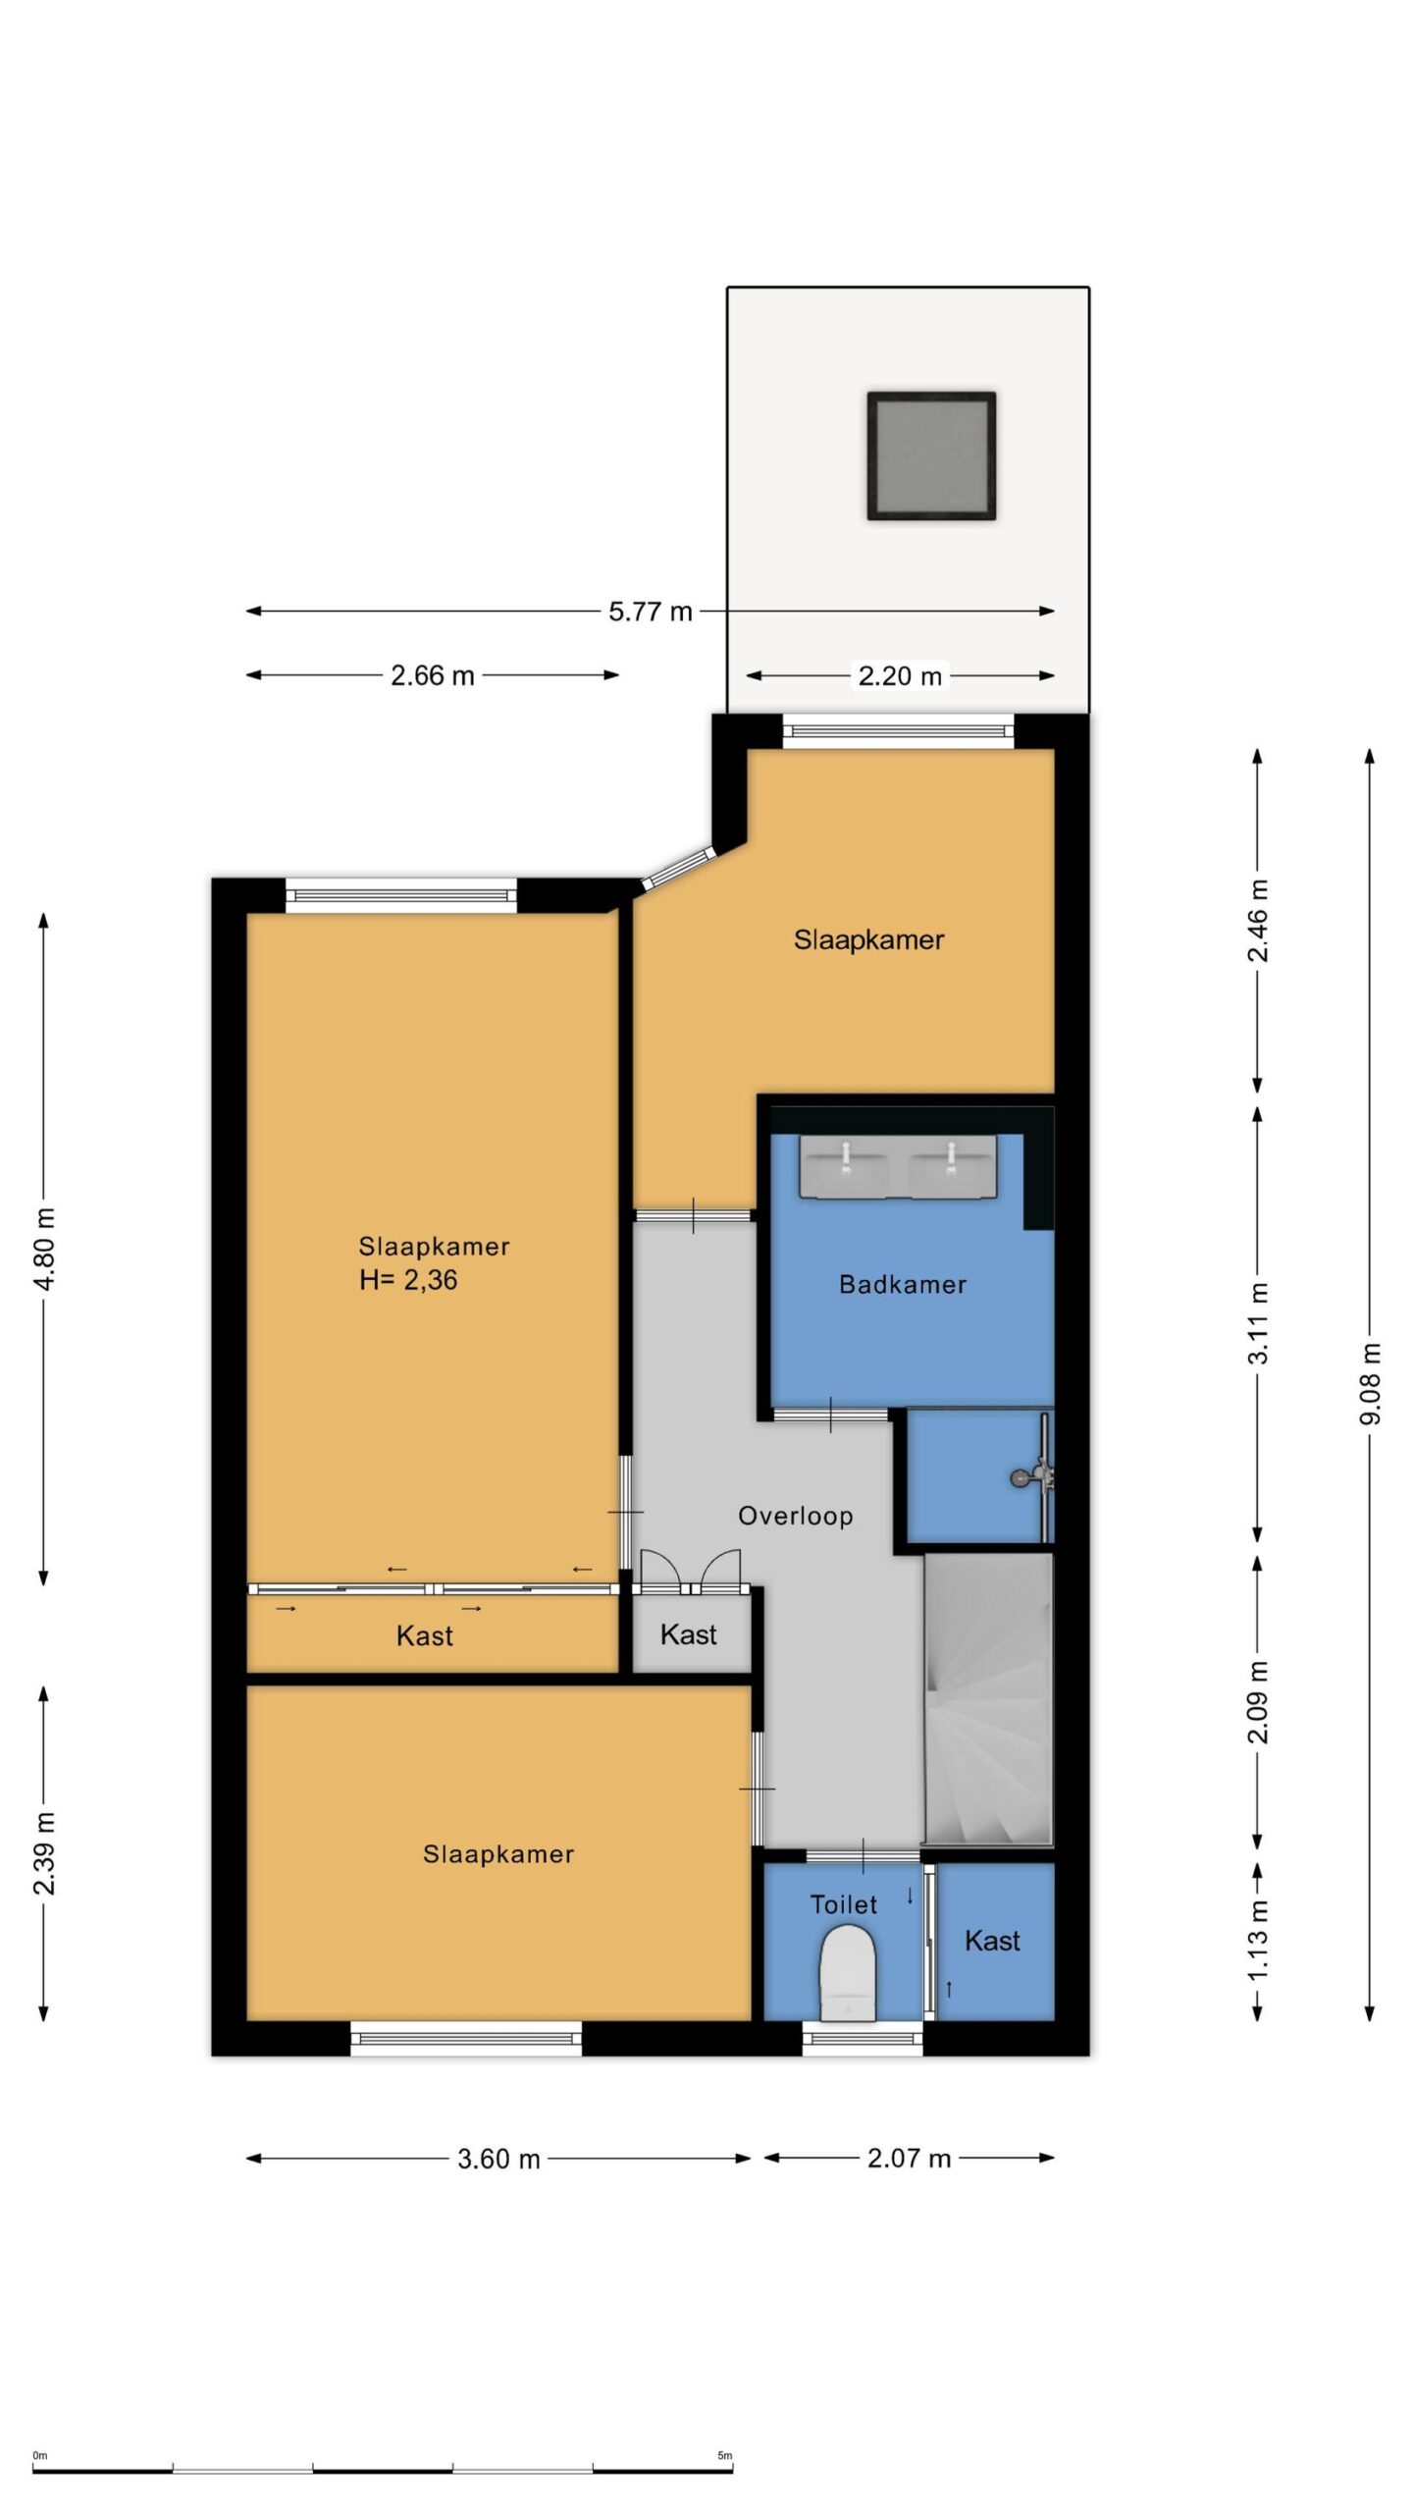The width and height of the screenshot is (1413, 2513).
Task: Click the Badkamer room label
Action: click(902, 1284)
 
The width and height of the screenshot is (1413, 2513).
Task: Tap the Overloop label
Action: click(795, 1516)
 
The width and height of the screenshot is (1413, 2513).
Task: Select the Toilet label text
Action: click(843, 1904)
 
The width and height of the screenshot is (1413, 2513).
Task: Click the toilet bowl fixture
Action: click(847, 1972)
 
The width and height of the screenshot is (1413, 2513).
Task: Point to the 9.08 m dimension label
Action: click(1371, 1383)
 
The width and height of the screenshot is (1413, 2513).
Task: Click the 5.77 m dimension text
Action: click(650, 612)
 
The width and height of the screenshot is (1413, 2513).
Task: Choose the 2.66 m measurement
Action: click(432, 675)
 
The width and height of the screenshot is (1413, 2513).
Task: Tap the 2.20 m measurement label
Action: click(900, 675)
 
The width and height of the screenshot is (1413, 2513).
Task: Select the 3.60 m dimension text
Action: click(498, 2159)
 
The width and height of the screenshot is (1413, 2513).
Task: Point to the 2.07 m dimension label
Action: click(909, 2158)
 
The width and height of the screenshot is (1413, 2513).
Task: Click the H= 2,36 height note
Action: click(408, 1280)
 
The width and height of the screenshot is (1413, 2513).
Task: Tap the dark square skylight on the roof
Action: click(931, 455)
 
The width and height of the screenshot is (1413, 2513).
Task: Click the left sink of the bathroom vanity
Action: click(844, 1168)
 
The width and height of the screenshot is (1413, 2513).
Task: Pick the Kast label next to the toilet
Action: click(992, 1941)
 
